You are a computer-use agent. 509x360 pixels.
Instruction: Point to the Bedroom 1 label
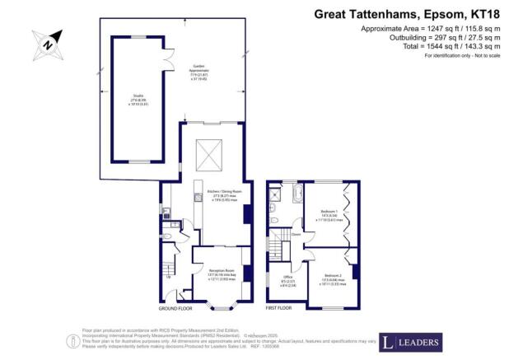coord(329,217)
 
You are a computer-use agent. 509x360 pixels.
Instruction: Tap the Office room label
coord(287,278)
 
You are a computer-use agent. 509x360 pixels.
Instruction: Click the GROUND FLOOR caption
coord(175,308)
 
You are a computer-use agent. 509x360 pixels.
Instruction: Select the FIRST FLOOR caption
coord(280,308)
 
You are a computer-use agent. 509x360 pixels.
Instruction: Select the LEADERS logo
coord(410,340)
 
